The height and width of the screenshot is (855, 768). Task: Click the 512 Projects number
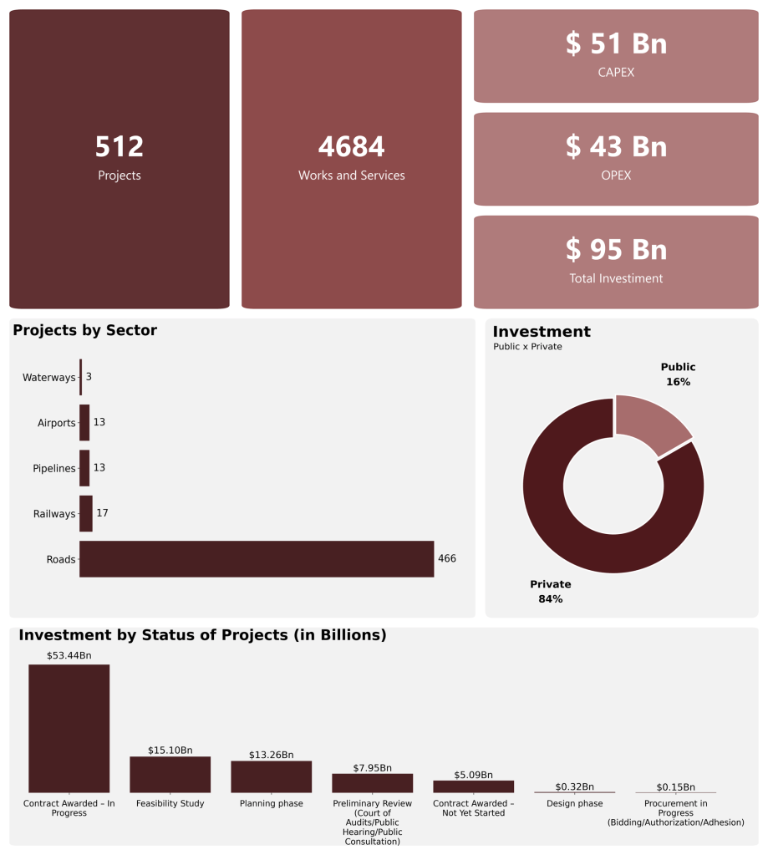point(120,147)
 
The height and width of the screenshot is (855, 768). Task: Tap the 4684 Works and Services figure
point(351,147)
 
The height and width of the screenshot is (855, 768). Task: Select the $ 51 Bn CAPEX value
point(616,43)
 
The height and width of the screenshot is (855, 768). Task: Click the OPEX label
point(616,176)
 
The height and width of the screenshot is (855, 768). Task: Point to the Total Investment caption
point(616,278)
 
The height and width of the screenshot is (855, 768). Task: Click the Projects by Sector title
point(84,330)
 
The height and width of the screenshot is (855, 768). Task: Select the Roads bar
point(257,559)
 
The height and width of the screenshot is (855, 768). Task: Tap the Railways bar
point(86,513)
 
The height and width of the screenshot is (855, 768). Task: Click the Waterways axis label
point(48,378)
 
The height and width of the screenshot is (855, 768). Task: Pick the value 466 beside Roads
point(447,559)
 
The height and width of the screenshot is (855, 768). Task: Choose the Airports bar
point(84,423)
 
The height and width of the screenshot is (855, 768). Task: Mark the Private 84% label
point(550,592)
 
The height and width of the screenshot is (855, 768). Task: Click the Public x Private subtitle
point(527,347)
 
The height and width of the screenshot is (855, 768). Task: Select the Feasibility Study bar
point(170,775)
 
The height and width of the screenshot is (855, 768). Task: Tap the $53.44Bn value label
point(69,655)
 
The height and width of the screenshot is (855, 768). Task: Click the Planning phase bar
point(271,776)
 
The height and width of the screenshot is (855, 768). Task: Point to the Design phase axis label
point(574,804)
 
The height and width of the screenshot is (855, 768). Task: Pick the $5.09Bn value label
point(473,775)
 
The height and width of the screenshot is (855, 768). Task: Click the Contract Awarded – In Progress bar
point(69,728)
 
